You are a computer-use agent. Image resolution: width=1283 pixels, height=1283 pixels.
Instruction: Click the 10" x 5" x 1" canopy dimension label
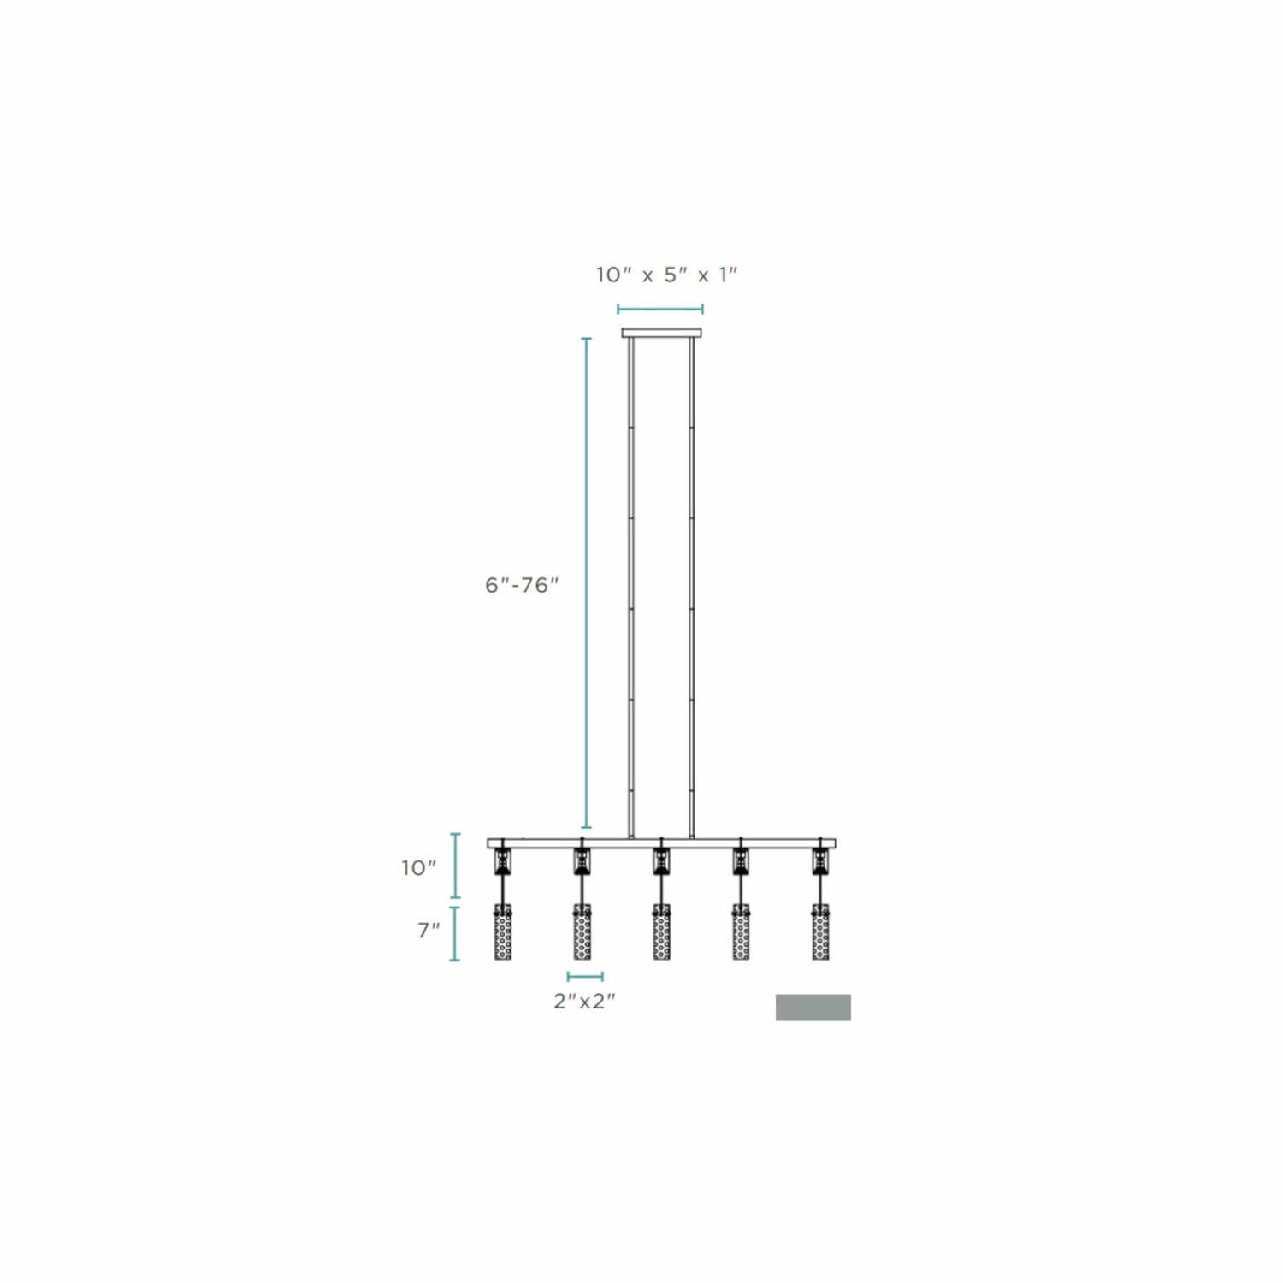pos(666,275)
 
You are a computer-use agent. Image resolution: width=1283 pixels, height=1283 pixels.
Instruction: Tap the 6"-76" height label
pos(522,586)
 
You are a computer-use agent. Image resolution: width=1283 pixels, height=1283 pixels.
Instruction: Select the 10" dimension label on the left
pos(419,868)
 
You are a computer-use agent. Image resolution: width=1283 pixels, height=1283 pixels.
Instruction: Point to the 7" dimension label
pos(429,931)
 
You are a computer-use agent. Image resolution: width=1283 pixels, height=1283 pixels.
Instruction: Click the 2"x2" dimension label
pos(585,1002)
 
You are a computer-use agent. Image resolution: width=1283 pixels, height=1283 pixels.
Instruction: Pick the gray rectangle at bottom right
pos(813,1008)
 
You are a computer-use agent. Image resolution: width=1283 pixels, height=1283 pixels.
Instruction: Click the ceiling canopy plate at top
pos(662,333)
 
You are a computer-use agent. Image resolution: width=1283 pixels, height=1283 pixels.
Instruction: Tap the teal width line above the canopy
pos(660,309)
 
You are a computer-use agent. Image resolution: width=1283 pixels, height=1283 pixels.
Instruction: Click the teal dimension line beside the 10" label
pos(455,869)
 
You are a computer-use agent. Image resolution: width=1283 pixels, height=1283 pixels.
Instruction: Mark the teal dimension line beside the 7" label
pos(454,933)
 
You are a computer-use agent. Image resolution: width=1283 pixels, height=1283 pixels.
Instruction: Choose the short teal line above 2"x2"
pos(585,976)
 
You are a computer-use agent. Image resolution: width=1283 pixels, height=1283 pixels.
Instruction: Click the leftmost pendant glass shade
pos(503,931)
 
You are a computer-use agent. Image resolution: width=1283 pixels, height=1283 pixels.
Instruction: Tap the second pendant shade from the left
pos(582,931)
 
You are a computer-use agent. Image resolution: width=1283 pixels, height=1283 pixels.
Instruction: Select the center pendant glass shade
pos(661,931)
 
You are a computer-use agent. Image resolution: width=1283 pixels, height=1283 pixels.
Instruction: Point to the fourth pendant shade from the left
pos(741,931)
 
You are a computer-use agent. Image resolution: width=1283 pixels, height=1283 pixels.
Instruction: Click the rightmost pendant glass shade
pos(820,931)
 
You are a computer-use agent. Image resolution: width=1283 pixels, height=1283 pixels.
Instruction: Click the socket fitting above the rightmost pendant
pos(820,860)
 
